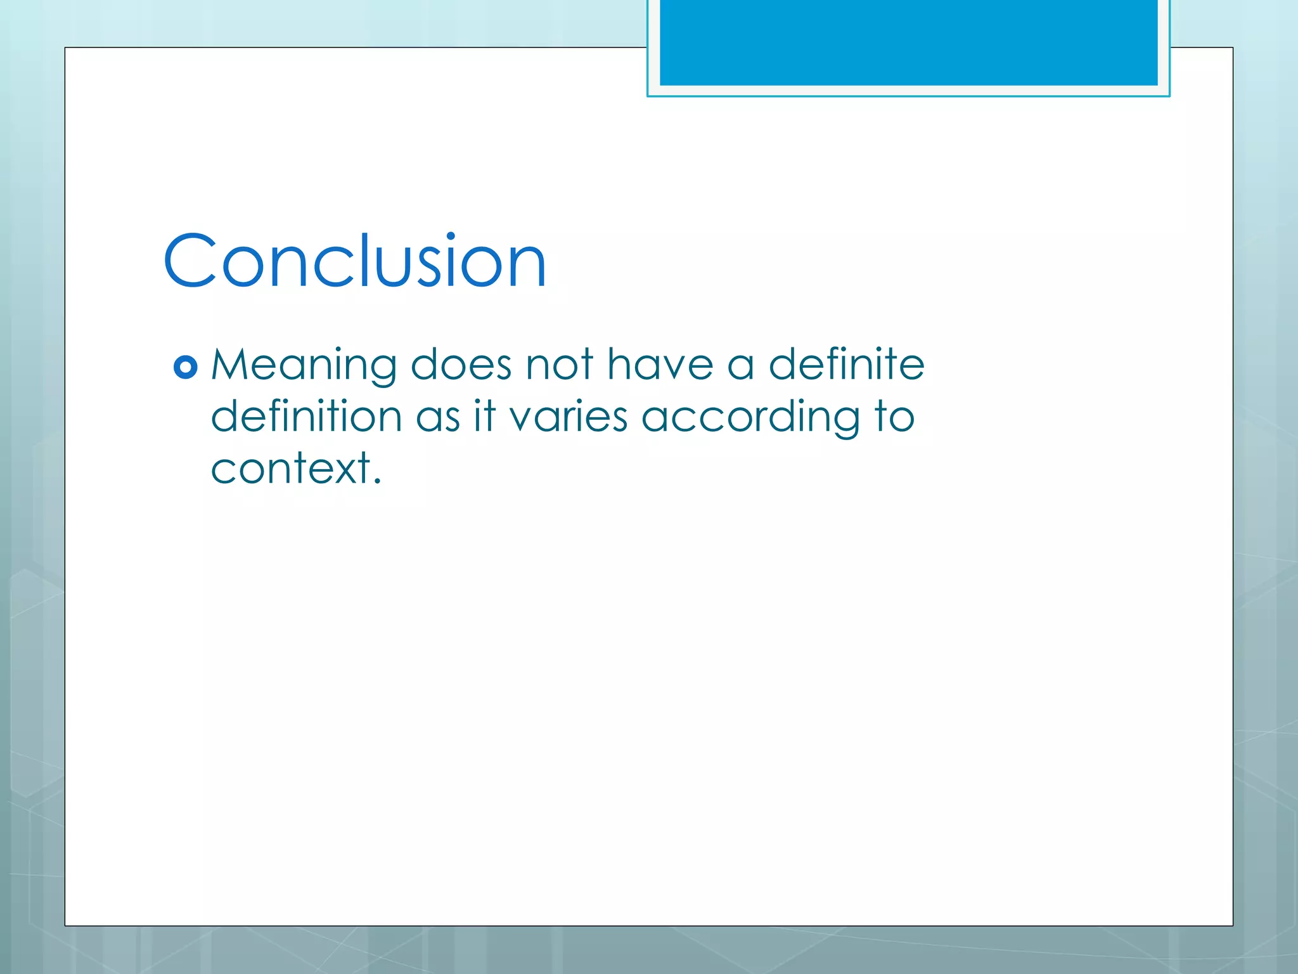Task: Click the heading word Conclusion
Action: [355, 261]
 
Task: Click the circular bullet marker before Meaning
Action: [185, 367]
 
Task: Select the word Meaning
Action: [304, 366]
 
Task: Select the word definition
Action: [306, 417]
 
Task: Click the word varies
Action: [569, 417]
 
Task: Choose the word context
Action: [291, 469]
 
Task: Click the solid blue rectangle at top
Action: [908, 42]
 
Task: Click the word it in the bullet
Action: [485, 417]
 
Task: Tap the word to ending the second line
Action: [894, 417]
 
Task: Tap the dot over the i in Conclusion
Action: [451, 237]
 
